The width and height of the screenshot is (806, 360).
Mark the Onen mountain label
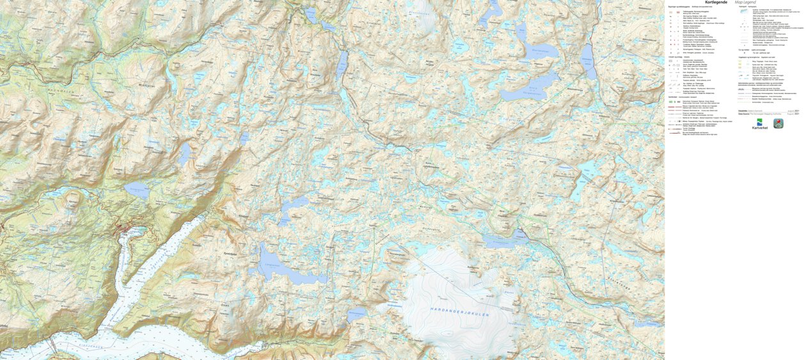tap(225, 305)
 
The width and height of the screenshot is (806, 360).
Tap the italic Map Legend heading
tap(750, 3)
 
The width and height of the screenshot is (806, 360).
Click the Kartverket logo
tap(759, 124)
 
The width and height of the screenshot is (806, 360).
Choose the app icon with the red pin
tap(778, 123)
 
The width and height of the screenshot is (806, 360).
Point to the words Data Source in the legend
tap(744, 114)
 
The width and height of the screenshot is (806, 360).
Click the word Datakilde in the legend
tap(743, 111)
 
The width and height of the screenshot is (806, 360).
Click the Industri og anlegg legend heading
tap(676, 57)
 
